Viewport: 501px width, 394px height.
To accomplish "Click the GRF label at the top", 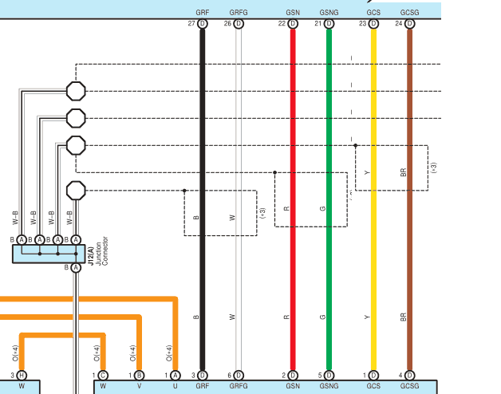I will click(202, 14).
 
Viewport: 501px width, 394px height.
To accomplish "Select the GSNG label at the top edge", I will click(328, 14).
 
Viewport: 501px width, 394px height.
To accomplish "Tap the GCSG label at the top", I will click(409, 14).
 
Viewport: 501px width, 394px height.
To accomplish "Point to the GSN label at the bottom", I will click(292, 386).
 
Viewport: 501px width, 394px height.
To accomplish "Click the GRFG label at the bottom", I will click(239, 386).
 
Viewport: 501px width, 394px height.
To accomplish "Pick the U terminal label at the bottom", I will click(176, 386).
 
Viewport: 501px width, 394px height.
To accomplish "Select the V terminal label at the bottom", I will click(139, 386).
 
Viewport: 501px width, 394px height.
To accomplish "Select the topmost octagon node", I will click(75, 91).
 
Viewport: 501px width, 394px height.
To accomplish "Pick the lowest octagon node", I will click(75, 191).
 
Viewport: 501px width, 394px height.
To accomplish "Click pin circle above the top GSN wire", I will click(293, 24).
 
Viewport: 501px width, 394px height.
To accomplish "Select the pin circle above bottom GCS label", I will click(373, 374).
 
